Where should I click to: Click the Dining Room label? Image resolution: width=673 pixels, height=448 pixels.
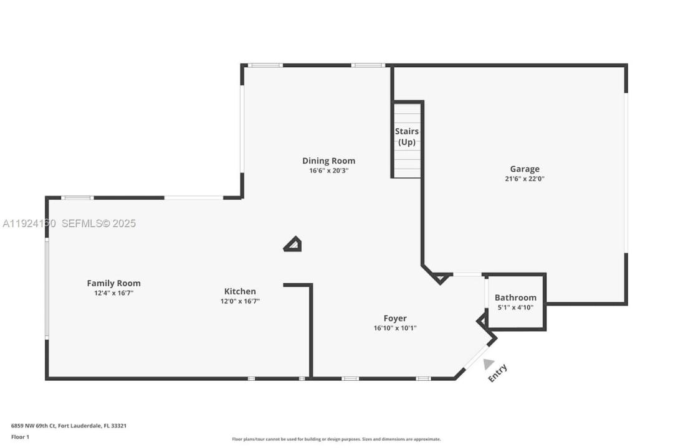click(x=328, y=161)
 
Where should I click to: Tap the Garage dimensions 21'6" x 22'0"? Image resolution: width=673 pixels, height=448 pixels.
click(x=525, y=179)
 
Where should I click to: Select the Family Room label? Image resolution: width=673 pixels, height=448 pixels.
click(x=113, y=283)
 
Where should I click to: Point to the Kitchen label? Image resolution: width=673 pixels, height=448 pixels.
click(x=240, y=291)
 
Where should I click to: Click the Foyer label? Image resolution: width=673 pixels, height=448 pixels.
click(x=395, y=318)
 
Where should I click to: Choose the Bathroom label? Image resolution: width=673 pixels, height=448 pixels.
click(x=515, y=297)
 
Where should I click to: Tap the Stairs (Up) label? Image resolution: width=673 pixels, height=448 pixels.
click(x=406, y=136)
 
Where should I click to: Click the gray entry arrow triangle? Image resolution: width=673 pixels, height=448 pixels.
click(x=488, y=364)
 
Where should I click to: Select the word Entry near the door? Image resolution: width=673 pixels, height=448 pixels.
click(x=497, y=373)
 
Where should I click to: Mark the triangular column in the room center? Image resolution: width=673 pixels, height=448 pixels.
click(x=293, y=245)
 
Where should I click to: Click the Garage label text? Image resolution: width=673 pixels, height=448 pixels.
click(x=525, y=169)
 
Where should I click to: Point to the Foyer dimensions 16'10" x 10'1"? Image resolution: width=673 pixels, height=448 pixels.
click(x=395, y=328)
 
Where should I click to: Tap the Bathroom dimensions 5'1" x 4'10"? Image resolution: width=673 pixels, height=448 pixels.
click(x=515, y=307)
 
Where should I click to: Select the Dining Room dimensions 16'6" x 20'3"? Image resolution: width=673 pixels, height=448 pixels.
click(x=328, y=170)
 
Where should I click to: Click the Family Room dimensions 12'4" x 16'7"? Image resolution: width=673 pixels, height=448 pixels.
click(x=113, y=292)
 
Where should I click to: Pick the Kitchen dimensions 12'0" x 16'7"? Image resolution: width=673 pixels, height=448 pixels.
click(x=240, y=301)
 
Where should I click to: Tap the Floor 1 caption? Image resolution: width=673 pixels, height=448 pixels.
click(x=20, y=437)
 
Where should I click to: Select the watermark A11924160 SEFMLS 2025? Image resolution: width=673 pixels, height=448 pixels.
click(x=69, y=223)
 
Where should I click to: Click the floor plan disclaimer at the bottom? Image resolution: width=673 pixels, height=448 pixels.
click(x=336, y=439)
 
